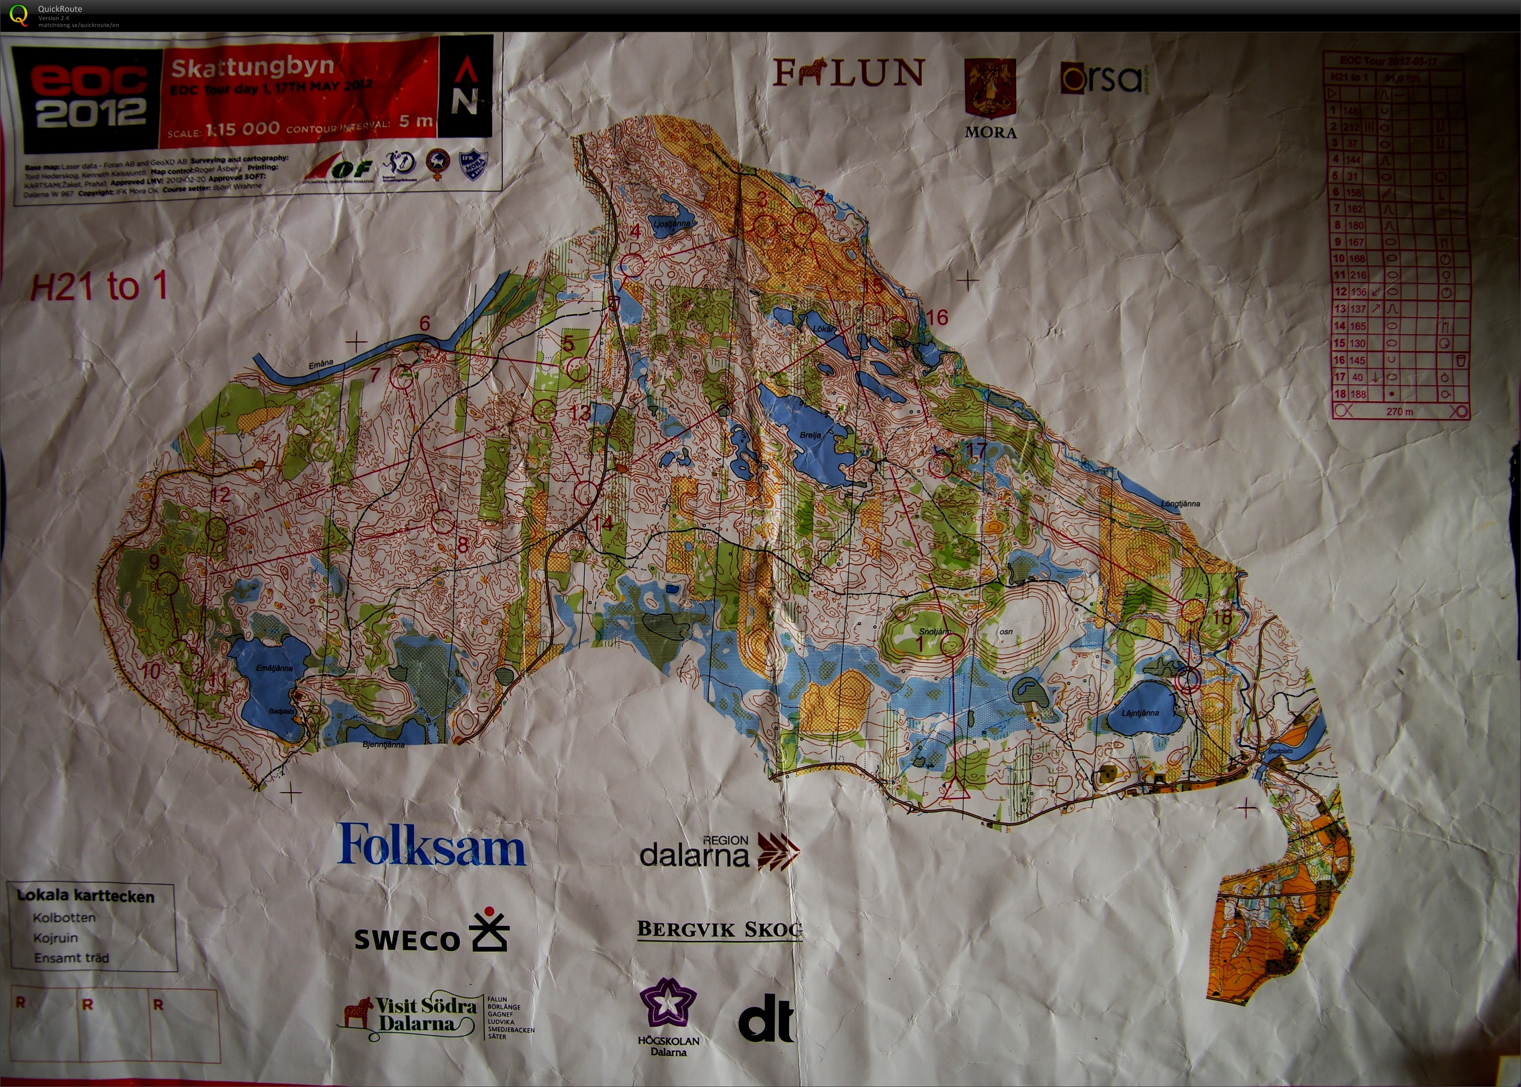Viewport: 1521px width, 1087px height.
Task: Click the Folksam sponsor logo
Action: [432, 845]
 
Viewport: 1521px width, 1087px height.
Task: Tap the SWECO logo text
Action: [406, 940]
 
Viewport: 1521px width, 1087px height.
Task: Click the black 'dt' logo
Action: [766, 1018]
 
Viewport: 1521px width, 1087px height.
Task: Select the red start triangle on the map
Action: [955, 790]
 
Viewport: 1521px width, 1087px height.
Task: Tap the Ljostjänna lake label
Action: [671, 224]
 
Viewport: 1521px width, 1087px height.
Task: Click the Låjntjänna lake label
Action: [1140, 713]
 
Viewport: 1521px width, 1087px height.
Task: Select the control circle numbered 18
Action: [1192, 611]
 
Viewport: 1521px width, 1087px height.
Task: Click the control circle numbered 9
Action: [167, 584]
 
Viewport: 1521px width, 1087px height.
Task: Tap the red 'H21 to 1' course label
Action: [99, 287]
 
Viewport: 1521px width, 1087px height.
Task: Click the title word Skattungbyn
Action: [252, 67]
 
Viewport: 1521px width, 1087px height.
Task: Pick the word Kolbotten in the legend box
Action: [64, 918]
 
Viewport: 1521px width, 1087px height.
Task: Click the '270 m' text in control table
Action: [1399, 411]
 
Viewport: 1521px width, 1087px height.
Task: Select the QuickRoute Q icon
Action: [19, 15]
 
